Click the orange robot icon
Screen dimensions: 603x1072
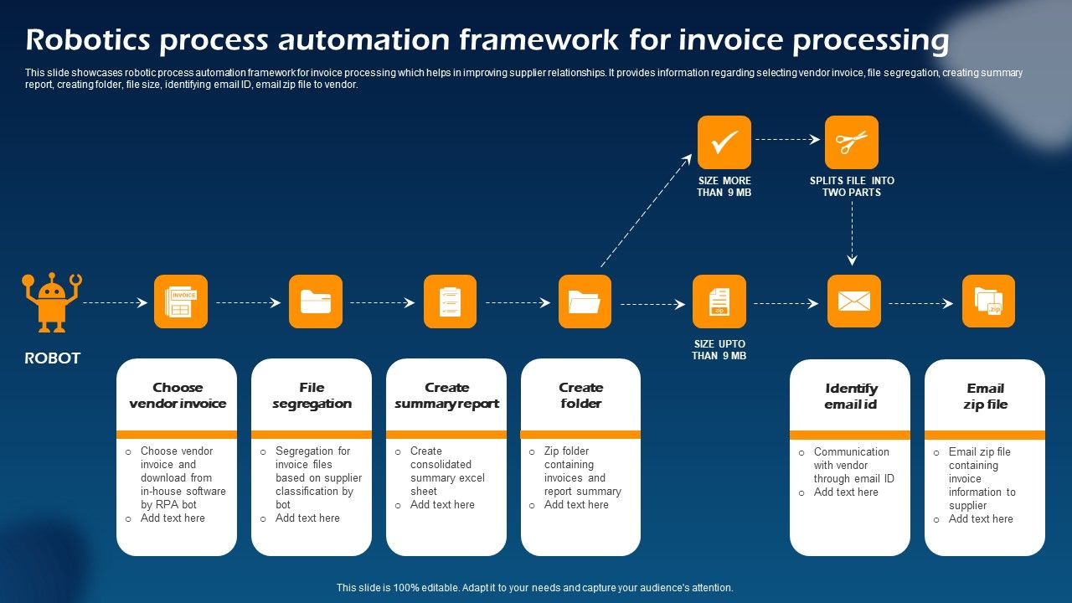(52, 301)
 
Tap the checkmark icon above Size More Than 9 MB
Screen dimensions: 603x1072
(724, 142)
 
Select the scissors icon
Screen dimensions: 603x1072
(851, 142)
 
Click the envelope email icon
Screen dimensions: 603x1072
(853, 301)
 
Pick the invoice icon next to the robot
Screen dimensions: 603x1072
(181, 301)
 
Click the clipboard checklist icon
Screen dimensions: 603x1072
(450, 301)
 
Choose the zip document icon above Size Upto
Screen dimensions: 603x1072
(719, 301)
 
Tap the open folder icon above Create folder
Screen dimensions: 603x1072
(585, 301)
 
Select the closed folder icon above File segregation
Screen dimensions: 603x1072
(316, 301)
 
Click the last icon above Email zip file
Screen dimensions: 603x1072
(988, 301)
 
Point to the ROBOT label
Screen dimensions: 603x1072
(52, 358)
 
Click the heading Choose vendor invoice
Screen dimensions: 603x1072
(178, 395)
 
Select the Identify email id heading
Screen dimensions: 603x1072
(851, 396)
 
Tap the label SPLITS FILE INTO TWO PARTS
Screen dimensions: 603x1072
(852, 186)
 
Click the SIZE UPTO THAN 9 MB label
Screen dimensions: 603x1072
(719, 350)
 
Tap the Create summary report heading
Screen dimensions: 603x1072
(446, 395)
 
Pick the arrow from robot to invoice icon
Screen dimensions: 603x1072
(115, 302)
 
